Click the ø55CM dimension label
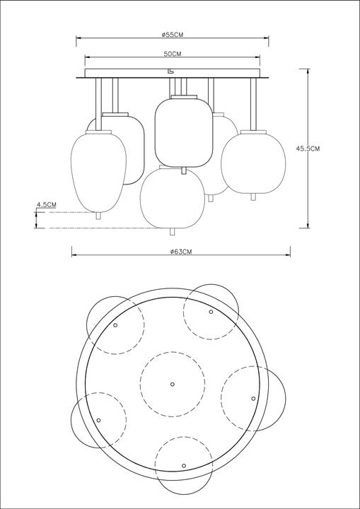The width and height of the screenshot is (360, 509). tap(173, 35)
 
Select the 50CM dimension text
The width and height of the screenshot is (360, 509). tap(173, 54)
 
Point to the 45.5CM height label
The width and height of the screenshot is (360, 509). tap(308, 148)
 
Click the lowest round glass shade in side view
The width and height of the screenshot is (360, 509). tap(173, 196)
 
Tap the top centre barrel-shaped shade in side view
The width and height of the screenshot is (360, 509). tap(183, 131)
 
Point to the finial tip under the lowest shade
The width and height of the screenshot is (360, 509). tap(173, 231)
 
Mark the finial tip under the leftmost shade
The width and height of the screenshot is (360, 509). tap(98, 218)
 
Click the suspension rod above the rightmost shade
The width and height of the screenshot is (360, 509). tap(252, 103)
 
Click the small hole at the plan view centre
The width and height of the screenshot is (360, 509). tap(173, 384)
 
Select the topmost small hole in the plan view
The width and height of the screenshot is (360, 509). tap(211, 311)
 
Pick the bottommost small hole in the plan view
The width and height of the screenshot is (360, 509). tap(184, 465)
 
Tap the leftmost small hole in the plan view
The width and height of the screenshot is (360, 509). tap(98, 417)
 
